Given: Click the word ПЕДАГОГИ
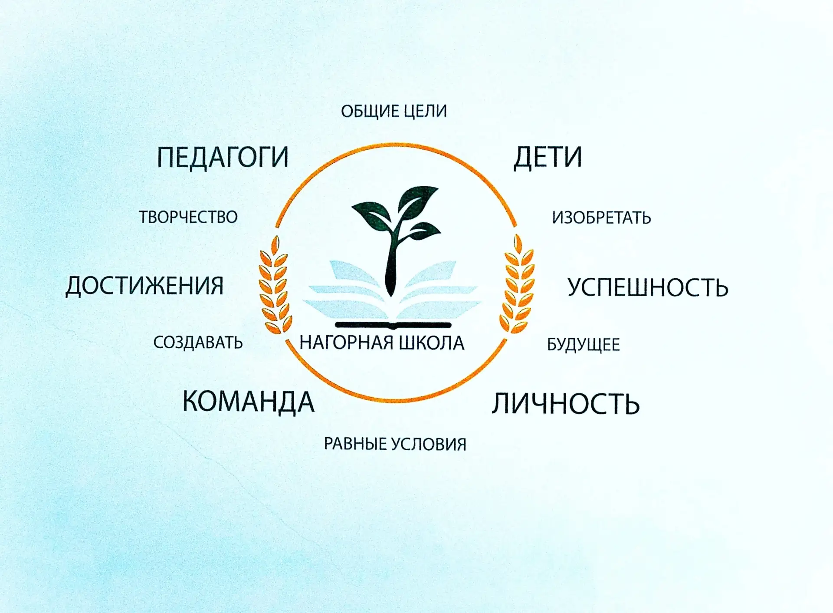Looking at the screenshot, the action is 223,157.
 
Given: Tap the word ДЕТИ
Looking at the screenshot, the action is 548,158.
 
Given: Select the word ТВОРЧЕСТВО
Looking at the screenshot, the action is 188,217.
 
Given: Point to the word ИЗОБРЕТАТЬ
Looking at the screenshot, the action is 601,218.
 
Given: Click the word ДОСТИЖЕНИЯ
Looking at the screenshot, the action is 144,286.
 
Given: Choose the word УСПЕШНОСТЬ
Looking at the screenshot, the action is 648,287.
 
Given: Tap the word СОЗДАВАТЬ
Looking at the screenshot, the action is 198,343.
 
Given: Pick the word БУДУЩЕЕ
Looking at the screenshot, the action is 583,345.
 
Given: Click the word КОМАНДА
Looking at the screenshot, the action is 248,402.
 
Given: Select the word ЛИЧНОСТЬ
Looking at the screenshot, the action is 566,404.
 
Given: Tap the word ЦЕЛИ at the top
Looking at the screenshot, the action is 425,111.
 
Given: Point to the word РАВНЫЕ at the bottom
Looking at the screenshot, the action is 355,444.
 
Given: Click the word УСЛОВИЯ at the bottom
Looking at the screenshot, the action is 429,444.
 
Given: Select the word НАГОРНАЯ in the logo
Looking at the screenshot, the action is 346,343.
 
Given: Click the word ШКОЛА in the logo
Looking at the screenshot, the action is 431,343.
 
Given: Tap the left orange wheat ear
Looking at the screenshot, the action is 275,285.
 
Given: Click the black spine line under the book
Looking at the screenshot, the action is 393,325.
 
